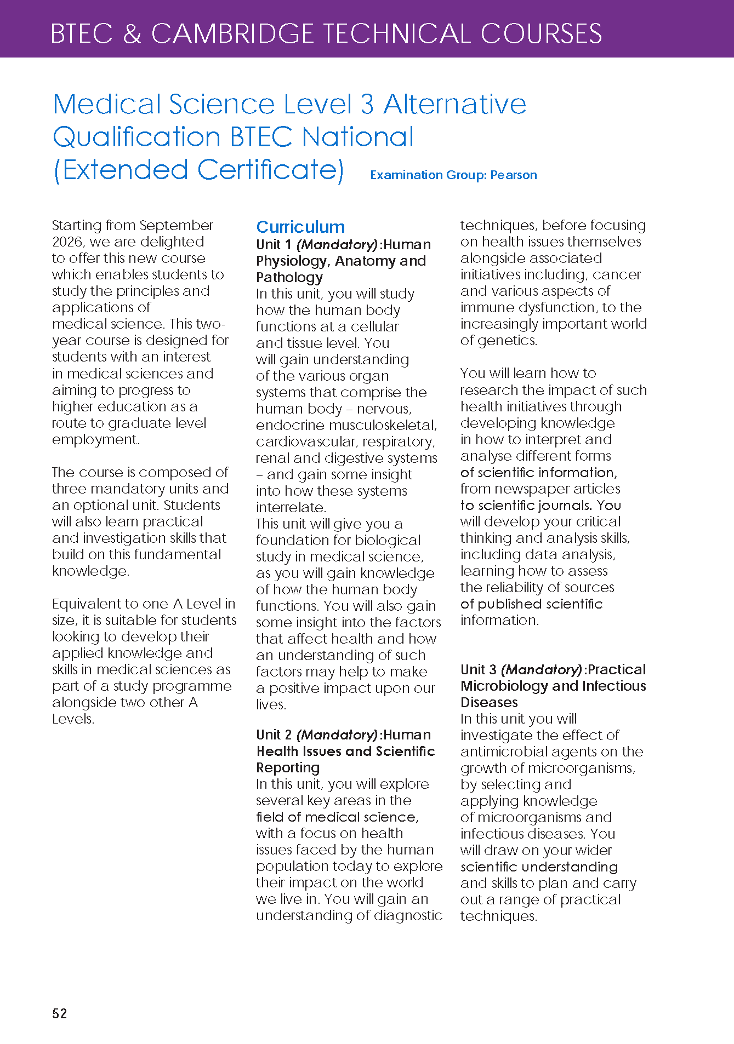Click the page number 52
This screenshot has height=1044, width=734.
(60, 1013)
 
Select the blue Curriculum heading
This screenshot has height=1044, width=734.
(300, 227)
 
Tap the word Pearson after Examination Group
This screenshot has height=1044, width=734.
(514, 175)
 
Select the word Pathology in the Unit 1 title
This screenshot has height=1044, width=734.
(289, 277)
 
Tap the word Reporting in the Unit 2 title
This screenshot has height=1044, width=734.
(288, 767)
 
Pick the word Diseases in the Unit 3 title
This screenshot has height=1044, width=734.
(489, 702)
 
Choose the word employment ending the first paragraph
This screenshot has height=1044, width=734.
(95, 439)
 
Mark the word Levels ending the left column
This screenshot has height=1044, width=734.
(73, 719)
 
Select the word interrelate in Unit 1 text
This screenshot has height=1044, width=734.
(291, 507)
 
